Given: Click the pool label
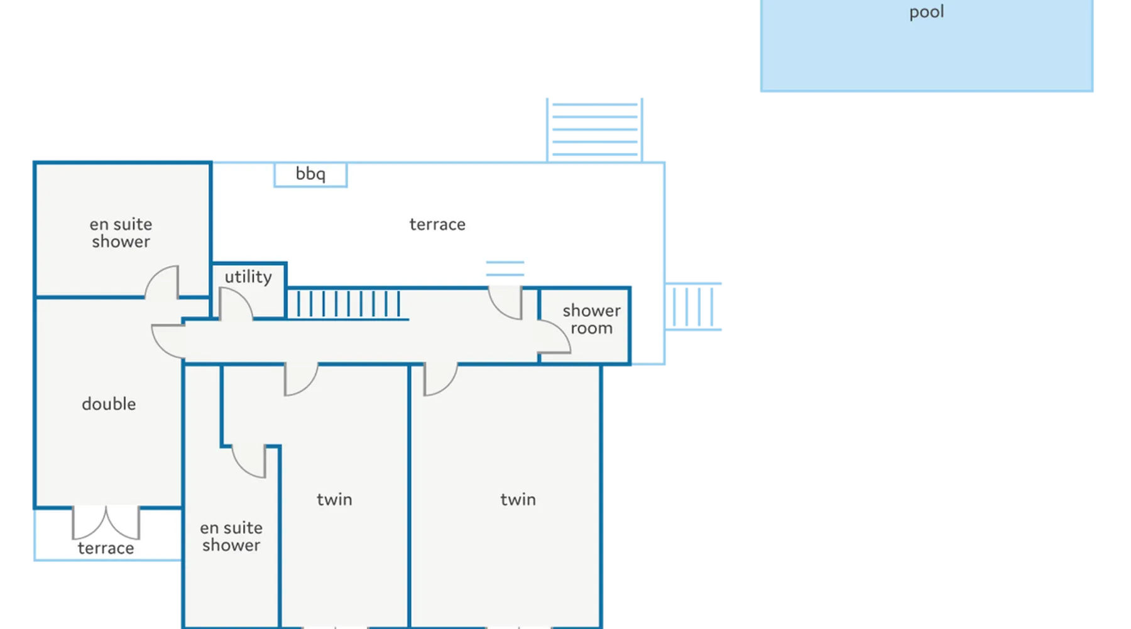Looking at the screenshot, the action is click(x=926, y=13).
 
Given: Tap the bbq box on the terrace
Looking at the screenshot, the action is click(x=310, y=174).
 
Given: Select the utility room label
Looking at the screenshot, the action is click(x=248, y=277).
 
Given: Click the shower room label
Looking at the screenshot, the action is click(x=591, y=319).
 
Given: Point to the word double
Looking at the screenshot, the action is click(x=109, y=404).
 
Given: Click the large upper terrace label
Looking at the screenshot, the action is click(x=437, y=225).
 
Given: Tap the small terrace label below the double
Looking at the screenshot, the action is click(x=106, y=548).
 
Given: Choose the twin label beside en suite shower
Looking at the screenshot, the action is click(x=334, y=499).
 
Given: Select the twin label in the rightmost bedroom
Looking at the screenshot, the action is click(x=518, y=499).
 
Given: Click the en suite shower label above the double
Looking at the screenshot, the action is click(x=121, y=233).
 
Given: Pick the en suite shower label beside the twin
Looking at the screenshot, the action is click(x=231, y=537).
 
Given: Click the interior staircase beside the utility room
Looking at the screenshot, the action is click(x=348, y=304).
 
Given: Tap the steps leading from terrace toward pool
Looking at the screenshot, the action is click(x=594, y=130).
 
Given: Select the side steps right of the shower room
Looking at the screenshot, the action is click(x=693, y=306).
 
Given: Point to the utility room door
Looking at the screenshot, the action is click(x=236, y=304).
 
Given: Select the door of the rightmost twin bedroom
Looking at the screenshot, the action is click(x=440, y=379).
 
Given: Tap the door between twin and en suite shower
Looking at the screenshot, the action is click(x=249, y=461).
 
